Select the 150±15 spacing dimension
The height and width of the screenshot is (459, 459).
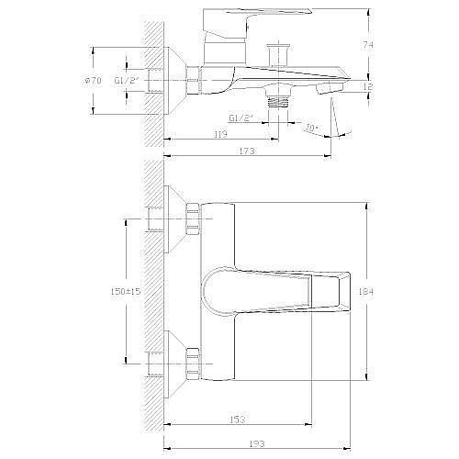pos(122,290)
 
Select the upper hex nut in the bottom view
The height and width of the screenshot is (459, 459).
pos(193,222)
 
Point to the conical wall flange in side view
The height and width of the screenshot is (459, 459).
pos(174,81)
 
